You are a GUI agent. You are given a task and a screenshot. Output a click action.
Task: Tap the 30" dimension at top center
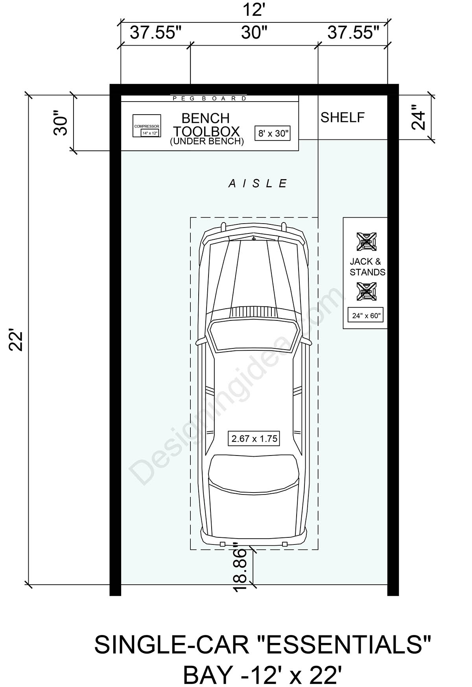pyautogui.click(x=254, y=33)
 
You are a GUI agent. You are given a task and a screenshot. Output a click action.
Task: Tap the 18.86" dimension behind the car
pyautogui.click(x=240, y=567)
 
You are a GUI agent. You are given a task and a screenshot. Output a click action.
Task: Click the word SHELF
pyautogui.click(x=342, y=117)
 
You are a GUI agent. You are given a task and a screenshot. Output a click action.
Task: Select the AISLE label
pyautogui.click(x=258, y=183)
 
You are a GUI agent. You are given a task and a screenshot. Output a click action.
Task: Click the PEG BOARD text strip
pyautogui.click(x=209, y=98)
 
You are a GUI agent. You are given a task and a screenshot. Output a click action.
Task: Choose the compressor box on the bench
pyautogui.click(x=147, y=126)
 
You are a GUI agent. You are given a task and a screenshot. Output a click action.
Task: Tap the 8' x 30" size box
pyautogui.click(x=273, y=133)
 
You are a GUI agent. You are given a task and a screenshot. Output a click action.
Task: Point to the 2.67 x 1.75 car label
pyautogui.click(x=254, y=438)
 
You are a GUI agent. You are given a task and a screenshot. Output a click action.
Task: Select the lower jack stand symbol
pyautogui.click(x=366, y=291)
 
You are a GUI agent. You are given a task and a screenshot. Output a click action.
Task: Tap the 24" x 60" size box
pyautogui.click(x=366, y=315)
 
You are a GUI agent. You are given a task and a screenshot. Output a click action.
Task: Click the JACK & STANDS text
pyautogui.click(x=367, y=267)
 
